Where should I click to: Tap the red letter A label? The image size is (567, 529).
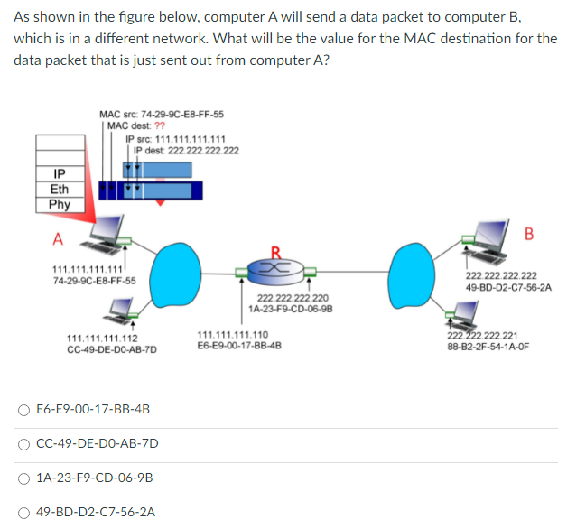click(57, 239)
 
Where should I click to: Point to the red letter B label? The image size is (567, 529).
click(529, 236)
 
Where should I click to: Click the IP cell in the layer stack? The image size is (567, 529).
click(60, 172)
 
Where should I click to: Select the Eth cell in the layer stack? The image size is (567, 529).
click(60, 189)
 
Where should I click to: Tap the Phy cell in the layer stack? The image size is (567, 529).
click(60, 204)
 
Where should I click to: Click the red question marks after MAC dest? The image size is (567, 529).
click(146, 126)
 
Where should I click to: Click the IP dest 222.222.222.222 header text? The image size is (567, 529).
click(180, 150)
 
